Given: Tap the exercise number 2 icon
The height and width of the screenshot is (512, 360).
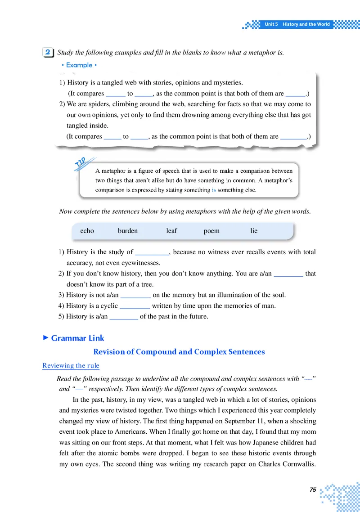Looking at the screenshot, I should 48,53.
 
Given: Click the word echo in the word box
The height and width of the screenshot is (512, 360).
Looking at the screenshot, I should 87,231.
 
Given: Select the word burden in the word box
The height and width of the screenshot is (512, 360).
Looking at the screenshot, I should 128,231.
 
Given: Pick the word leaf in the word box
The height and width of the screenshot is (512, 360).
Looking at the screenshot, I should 171,231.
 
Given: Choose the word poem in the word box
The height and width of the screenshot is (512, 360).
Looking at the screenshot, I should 211,231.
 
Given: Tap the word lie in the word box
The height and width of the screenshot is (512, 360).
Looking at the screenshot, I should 254,231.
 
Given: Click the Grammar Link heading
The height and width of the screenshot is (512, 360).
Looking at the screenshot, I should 77,338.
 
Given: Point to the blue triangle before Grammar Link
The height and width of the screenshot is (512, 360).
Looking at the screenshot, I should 45,337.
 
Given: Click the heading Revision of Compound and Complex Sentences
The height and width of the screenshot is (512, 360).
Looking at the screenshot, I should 179,352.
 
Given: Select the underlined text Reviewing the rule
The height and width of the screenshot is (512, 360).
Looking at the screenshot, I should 71,365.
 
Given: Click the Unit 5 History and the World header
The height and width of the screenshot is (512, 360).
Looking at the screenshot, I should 297,24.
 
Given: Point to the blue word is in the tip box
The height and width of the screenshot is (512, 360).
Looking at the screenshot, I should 214,190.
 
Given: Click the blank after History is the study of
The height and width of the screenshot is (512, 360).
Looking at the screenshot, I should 152,252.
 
